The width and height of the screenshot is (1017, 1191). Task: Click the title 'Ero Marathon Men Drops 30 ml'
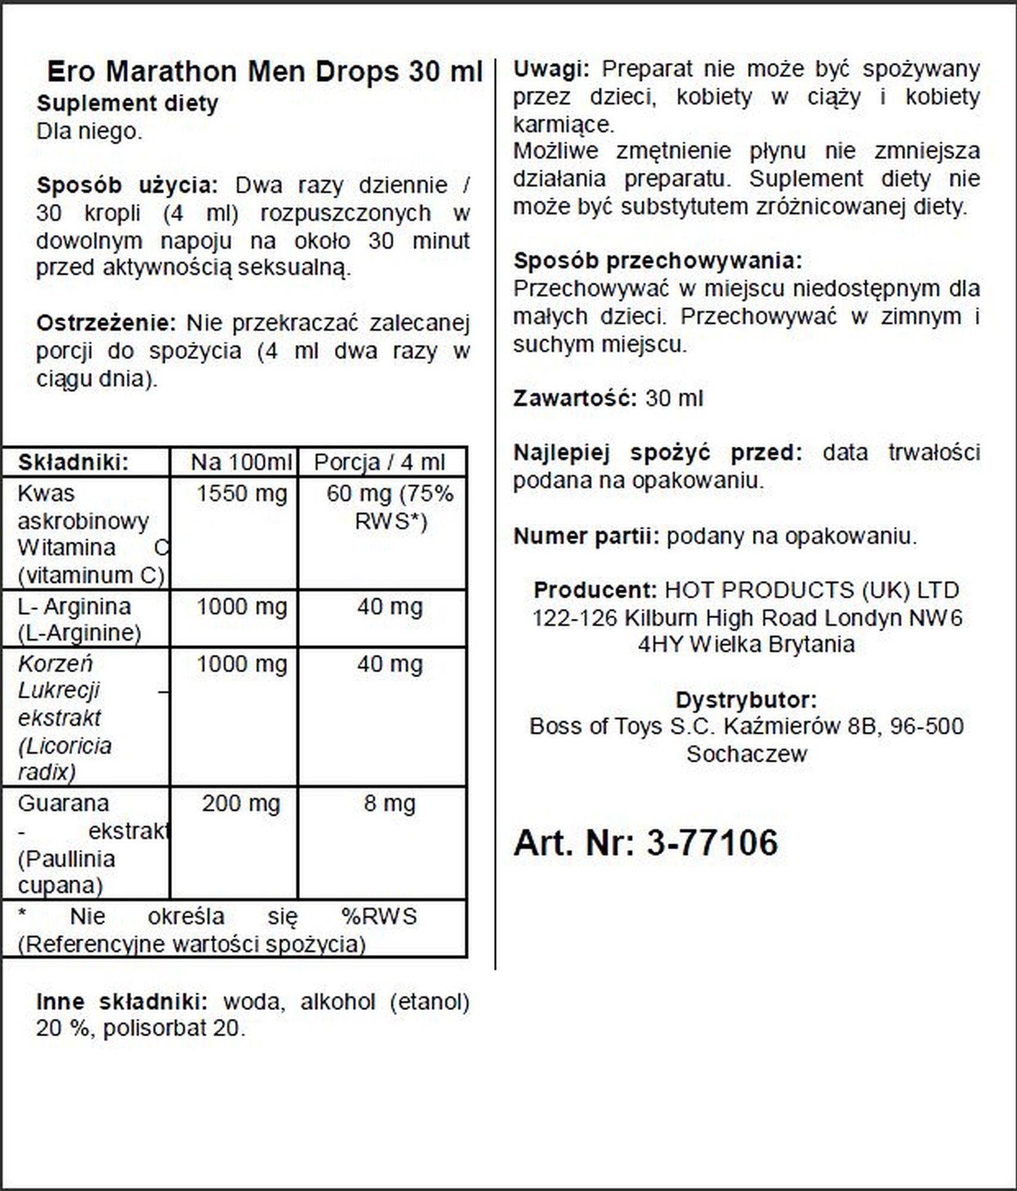click(264, 72)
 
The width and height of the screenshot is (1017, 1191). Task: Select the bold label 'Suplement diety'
click(127, 104)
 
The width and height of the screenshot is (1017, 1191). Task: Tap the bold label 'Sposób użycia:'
click(127, 185)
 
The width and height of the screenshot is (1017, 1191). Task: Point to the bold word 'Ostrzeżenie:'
click(106, 323)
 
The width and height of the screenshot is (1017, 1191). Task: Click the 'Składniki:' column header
click(73, 462)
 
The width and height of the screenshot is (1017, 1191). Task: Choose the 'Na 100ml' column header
click(241, 462)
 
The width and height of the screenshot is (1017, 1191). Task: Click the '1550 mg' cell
click(241, 494)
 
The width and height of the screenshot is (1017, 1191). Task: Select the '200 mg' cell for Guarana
click(241, 803)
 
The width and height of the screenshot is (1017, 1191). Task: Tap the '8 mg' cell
click(389, 803)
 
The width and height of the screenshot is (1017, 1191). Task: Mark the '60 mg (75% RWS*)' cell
click(390, 507)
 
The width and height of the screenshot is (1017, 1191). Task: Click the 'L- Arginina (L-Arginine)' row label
click(79, 619)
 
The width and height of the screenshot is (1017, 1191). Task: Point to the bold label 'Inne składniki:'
click(121, 1002)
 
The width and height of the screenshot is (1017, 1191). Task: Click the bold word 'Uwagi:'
click(551, 70)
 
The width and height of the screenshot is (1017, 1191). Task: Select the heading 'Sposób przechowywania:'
click(658, 261)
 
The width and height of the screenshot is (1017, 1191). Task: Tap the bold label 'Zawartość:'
click(575, 398)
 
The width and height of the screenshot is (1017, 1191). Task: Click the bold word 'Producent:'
click(595, 590)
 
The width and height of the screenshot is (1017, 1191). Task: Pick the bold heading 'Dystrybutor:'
click(746, 700)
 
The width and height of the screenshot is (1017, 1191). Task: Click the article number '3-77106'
click(712, 843)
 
